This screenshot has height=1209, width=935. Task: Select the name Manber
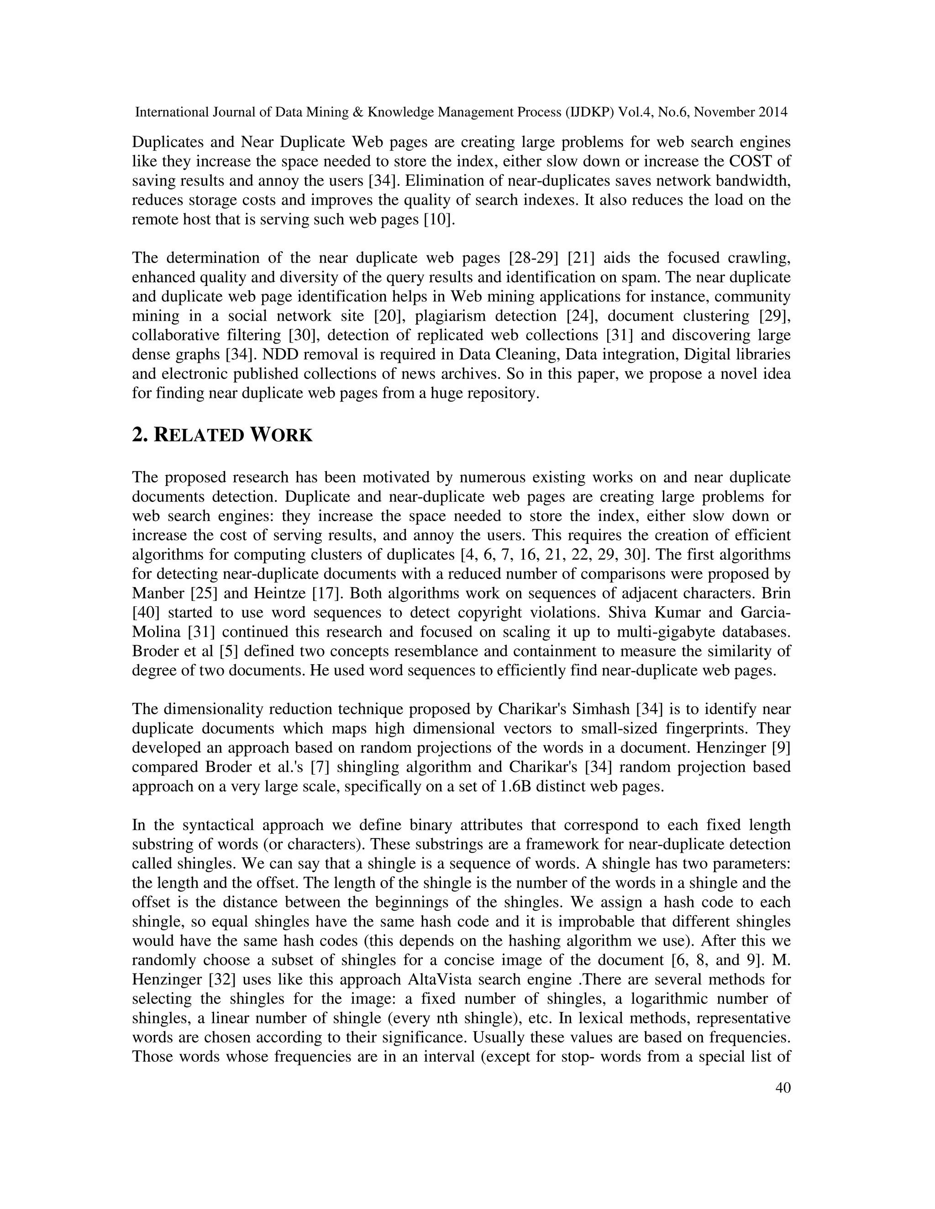159,594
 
